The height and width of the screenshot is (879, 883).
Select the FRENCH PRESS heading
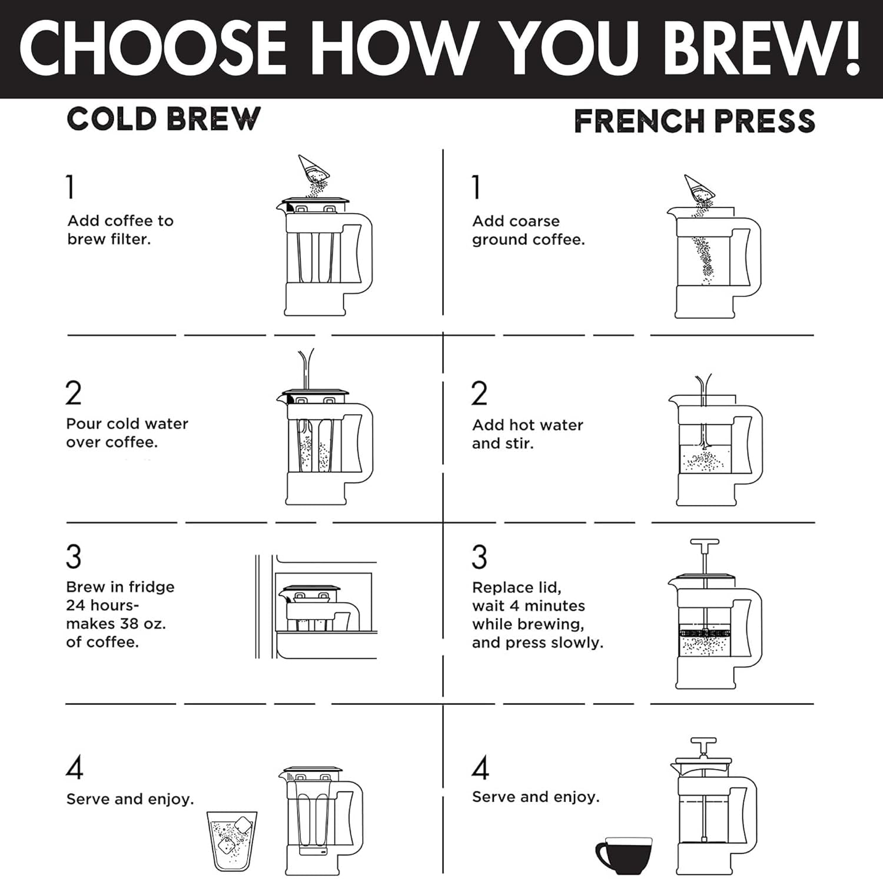[694, 121]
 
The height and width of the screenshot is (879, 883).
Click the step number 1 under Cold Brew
[71, 187]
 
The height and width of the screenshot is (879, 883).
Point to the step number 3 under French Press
[479, 557]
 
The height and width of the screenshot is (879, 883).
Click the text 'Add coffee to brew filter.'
[120, 230]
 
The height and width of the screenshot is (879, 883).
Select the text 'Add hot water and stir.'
[527, 434]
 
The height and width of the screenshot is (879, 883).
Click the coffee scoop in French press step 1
[699, 189]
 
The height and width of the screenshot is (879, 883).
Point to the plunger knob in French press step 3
[705, 542]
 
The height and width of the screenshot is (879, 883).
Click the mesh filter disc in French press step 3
[705, 634]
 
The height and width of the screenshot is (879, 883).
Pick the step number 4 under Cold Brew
[74, 767]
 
